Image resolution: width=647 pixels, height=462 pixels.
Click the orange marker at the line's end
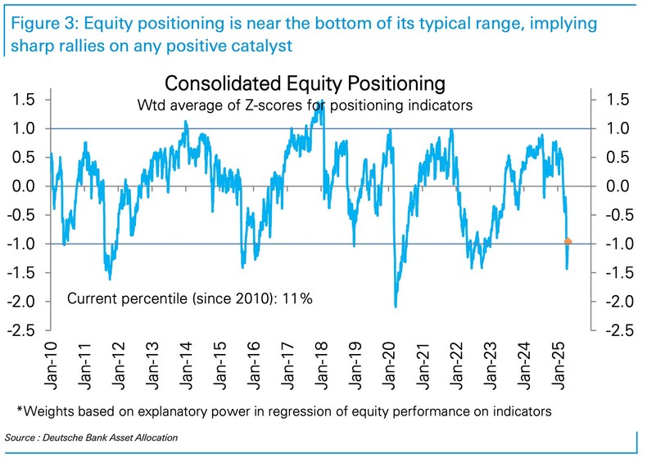pos(568,241)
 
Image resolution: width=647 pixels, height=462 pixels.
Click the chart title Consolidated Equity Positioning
pos(305,83)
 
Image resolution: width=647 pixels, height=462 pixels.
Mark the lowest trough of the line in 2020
pos(396,307)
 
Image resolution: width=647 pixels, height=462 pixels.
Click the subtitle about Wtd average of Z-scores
pos(305,105)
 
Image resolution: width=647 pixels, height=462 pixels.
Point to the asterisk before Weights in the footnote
pos(20,409)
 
